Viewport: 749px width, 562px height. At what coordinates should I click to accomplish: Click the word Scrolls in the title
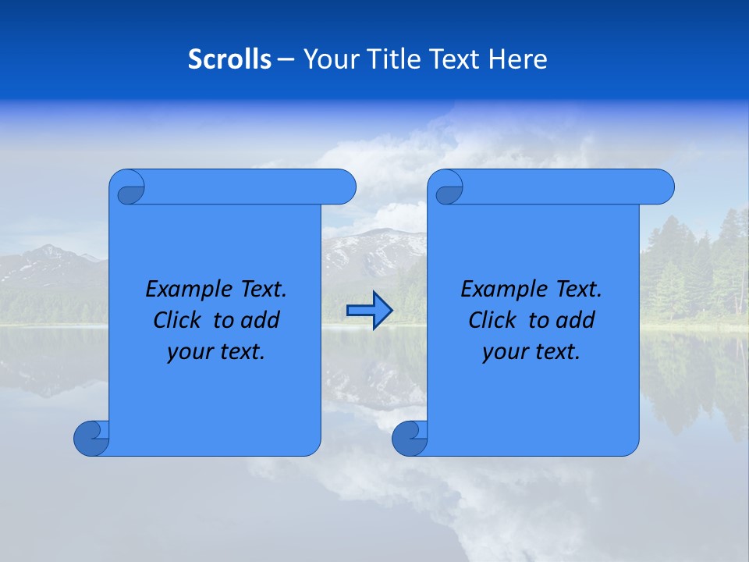(230, 59)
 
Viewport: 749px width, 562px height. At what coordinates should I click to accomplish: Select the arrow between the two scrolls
(369, 311)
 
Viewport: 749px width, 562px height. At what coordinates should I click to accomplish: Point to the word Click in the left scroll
(179, 320)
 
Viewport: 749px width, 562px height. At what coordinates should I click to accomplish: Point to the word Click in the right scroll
(494, 320)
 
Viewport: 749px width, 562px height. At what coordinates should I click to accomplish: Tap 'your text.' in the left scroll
(216, 352)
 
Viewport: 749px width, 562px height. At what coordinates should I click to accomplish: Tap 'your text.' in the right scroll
(531, 352)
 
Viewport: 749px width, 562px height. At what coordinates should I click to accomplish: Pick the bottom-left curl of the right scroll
(408, 438)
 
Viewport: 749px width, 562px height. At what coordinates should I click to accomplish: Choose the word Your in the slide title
(328, 59)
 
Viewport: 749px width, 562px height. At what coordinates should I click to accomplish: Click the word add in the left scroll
(261, 320)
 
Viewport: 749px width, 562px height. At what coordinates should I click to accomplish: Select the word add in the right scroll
(576, 320)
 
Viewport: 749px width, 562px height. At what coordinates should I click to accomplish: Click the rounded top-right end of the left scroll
(344, 187)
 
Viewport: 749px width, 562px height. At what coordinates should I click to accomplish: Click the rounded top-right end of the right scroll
(662, 187)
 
